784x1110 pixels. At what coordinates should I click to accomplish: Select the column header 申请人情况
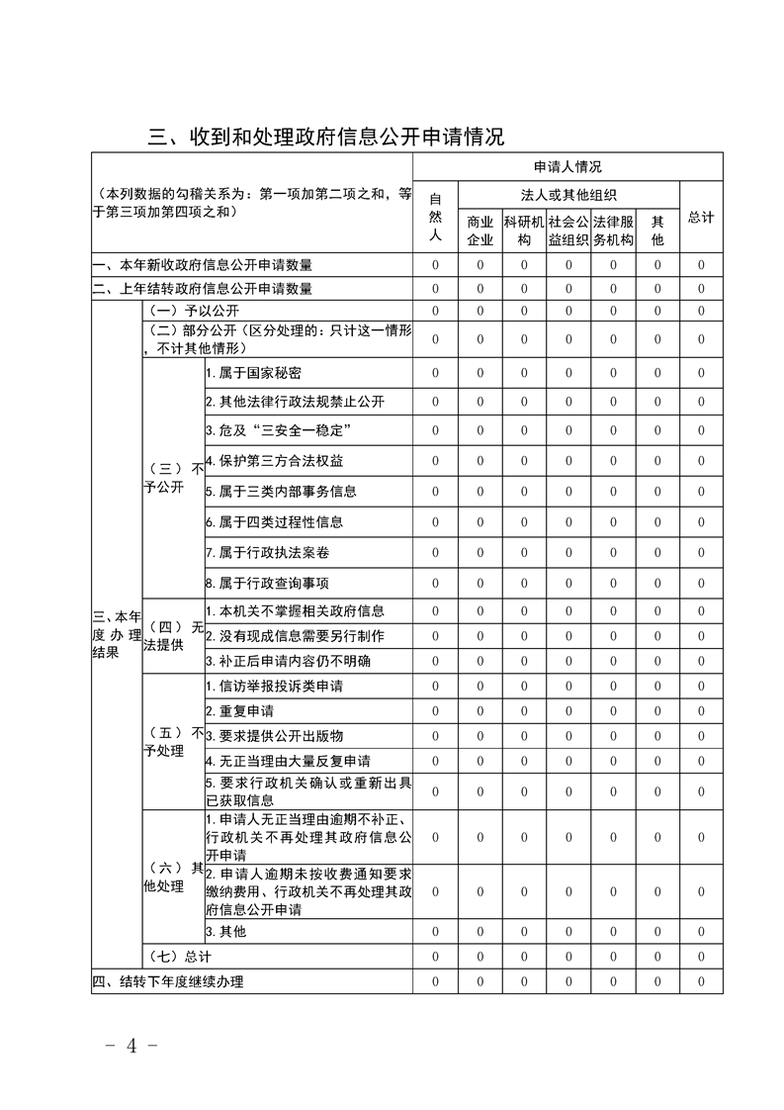click(567, 166)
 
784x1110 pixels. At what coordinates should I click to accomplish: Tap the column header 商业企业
click(479, 231)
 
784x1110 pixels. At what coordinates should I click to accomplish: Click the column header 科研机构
click(524, 231)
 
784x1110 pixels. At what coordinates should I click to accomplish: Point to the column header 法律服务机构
click(613, 231)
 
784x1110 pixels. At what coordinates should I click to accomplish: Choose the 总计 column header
click(701, 217)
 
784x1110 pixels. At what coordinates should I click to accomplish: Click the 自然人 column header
click(435, 216)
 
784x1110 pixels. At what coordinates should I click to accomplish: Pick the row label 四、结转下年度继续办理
click(168, 981)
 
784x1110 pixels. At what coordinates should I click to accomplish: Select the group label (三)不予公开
click(173, 477)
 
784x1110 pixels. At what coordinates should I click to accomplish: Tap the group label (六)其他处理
click(173, 877)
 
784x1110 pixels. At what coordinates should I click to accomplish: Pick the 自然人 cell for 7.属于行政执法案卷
click(435, 552)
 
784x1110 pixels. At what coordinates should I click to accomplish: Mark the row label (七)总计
click(178, 957)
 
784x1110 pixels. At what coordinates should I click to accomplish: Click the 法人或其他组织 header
click(567, 194)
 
